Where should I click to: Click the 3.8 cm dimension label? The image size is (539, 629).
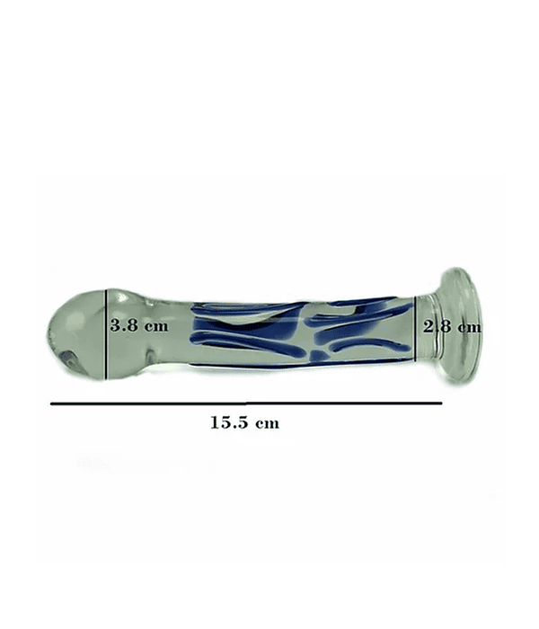click(139, 325)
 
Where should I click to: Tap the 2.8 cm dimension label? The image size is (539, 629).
click(452, 327)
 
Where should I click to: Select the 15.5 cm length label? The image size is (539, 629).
click(244, 422)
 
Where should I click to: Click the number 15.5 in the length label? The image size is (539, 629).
click(228, 422)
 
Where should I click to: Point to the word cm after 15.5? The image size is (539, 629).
click(268, 423)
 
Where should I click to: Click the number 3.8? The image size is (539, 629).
click(124, 325)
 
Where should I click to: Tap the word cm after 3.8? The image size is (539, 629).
click(157, 326)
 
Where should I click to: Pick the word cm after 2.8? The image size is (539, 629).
click(470, 328)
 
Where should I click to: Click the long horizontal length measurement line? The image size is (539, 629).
click(246, 403)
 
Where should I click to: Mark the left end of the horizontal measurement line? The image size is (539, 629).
click(51, 404)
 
